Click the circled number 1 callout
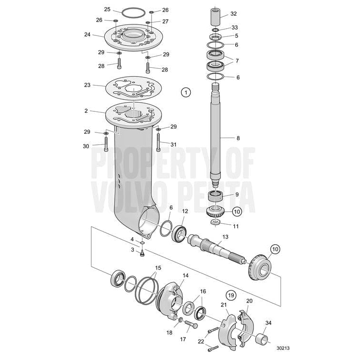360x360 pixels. point(186,92)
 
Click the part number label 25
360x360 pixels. point(107,9)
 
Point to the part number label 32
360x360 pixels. point(247,14)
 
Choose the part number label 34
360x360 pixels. point(268,323)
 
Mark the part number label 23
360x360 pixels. point(87,85)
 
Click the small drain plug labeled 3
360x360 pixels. point(142,254)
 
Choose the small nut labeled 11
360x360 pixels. point(216,223)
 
